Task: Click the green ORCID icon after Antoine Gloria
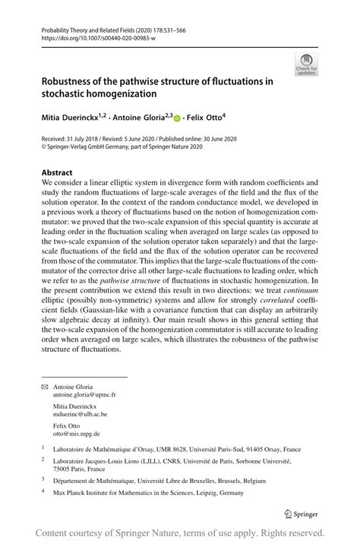177,118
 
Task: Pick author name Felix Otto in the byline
204,118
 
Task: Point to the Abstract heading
57,172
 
